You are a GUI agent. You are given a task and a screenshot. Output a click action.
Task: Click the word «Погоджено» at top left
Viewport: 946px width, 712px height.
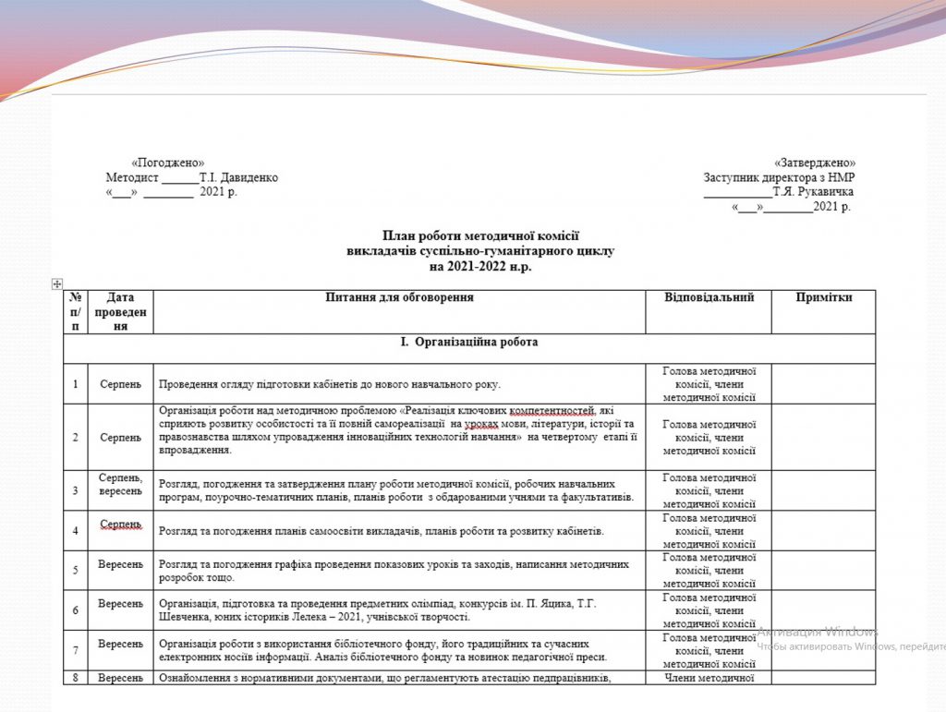[168, 163]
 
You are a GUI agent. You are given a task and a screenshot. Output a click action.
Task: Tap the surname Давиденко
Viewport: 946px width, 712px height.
[245, 177]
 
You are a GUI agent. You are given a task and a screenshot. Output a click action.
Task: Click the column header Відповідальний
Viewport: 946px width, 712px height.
[709, 297]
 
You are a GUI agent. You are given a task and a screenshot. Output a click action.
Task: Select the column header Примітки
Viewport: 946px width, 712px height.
[824, 297]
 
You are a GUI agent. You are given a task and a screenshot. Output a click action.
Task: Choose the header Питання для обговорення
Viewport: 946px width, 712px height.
[400, 297]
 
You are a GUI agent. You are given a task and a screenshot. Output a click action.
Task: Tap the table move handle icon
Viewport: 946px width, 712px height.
[56, 284]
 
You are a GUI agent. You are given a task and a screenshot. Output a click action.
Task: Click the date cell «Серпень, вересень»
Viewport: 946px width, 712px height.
[121, 484]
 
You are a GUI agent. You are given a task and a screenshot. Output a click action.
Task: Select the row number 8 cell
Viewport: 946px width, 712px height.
[76, 678]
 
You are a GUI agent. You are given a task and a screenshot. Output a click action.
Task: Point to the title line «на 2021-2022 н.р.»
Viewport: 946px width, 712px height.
[480, 267]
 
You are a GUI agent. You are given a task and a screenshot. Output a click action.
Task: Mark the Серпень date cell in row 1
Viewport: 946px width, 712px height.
[121, 383]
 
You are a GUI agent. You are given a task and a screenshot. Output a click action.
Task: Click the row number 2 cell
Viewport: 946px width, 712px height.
[76, 437]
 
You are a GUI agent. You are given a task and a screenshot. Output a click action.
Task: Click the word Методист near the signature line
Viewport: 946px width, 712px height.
[132, 177]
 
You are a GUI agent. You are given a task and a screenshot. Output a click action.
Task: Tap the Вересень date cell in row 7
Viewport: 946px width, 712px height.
[121, 644]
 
